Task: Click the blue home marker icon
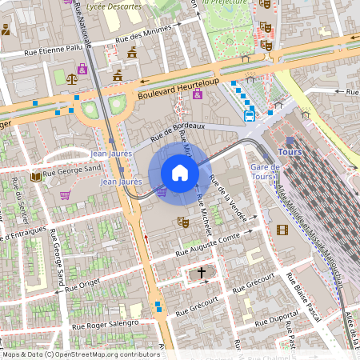point(180,173)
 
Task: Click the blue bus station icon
point(249,115)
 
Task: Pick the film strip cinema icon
point(282,230)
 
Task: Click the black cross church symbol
point(201,274)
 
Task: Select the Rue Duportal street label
point(274,319)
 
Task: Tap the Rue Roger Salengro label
point(105,325)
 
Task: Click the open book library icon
point(35,176)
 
